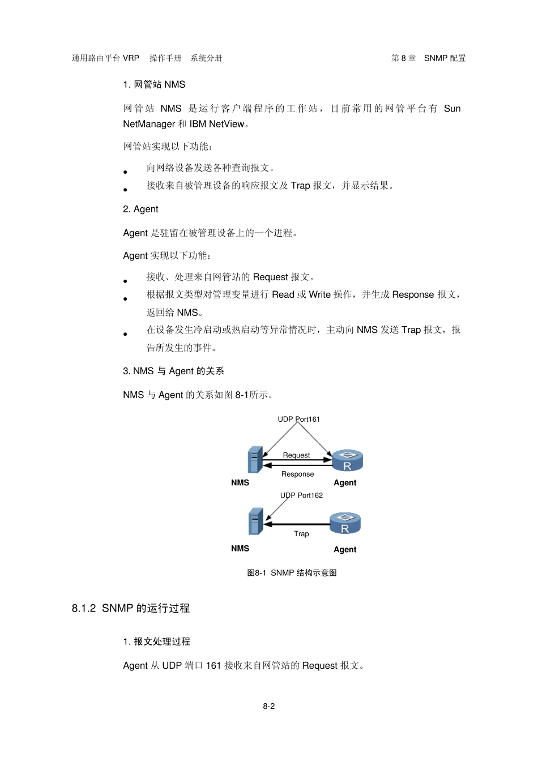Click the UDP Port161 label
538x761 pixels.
pos(298,419)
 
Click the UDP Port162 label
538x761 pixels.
pos(301,495)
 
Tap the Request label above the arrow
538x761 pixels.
pos(296,455)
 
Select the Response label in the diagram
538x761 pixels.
pos(297,474)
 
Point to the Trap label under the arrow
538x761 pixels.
pos(301,533)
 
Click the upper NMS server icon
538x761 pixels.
pos(255,460)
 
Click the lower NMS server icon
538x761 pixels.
pos(255,521)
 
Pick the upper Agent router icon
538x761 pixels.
pos(347,460)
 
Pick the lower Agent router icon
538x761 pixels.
pos(345,523)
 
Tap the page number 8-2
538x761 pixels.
pos(268,706)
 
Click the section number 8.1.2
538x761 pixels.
pos(84,608)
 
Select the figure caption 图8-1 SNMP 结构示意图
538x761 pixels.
pos(292,572)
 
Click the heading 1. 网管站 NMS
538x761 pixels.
pos(154,84)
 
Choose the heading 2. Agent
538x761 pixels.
pos(140,209)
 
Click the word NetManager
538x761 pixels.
pos(149,124)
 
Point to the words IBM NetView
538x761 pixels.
pos(217,124)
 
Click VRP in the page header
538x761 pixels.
pos(131,58)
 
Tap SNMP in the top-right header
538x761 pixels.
pos(435,58)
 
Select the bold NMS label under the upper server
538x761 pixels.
pos(240,482)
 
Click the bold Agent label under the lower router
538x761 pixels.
pos(345,549)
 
